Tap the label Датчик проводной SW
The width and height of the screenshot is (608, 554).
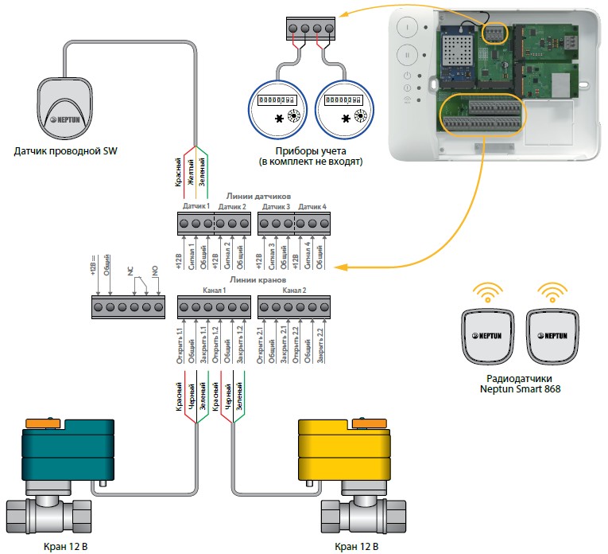pos(65,151)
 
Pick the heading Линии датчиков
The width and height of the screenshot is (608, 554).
pos(253,196)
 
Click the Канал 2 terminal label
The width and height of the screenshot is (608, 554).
pos(294,291)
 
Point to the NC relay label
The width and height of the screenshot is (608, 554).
pos(130,271)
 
